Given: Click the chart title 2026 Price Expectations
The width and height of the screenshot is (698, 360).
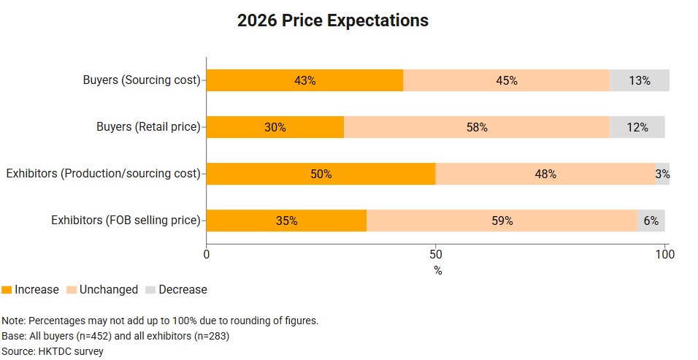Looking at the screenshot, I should coord(332,20).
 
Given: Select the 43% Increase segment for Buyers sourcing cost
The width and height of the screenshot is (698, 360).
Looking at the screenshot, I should coord(304,80).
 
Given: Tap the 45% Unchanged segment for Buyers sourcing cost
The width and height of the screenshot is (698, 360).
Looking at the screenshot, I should coord(506,80).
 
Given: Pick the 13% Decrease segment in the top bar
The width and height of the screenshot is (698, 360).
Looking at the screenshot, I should coord(639,80).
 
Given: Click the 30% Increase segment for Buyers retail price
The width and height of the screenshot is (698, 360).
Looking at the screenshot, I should coord(275,127).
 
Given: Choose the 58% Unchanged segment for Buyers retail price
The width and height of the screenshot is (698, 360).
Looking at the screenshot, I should coord(476,127).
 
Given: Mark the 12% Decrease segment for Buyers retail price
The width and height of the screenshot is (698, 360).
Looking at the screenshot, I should coord(637,127).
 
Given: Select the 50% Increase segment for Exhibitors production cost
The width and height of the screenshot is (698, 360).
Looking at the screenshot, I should coord(321,174).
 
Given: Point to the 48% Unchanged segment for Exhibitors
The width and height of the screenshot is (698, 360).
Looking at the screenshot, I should coord(545,174).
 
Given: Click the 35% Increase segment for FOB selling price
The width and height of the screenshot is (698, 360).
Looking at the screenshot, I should coord(286,220).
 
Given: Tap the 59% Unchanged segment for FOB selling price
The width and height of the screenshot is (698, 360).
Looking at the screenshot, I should coord(502,220).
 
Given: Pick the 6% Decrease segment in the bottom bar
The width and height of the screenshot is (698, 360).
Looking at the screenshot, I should coord(651,220).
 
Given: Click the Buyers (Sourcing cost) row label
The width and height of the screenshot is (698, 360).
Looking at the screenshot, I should coord(141,80).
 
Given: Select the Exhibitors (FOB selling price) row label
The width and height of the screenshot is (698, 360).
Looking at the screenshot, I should coord(125,220).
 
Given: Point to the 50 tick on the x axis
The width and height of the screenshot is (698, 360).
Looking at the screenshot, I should coord(436,255).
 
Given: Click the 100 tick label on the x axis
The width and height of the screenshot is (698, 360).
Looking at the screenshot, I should coord(664,255).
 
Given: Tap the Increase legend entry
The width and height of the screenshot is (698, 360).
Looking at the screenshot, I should coord(31,290).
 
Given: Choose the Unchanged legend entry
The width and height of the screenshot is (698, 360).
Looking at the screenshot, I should coord(102,290).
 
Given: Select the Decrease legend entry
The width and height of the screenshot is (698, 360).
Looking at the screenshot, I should coord(176,290).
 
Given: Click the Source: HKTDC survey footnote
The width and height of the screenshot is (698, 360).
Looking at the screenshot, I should coord(53,351).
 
